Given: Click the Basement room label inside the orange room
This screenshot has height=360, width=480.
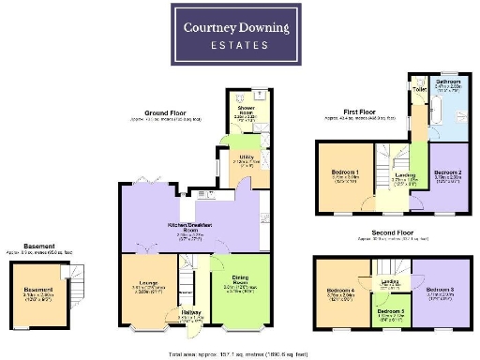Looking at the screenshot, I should tap(38, 290).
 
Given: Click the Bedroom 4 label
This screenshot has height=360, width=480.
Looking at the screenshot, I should tap(339, 292).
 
